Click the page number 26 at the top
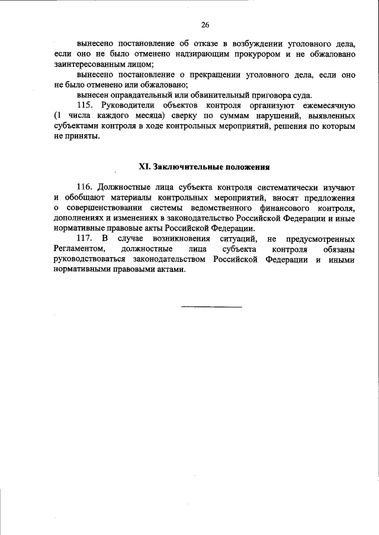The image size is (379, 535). coord(205,25)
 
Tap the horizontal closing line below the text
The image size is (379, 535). coord(211,307)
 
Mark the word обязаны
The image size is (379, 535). coord(336,249)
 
